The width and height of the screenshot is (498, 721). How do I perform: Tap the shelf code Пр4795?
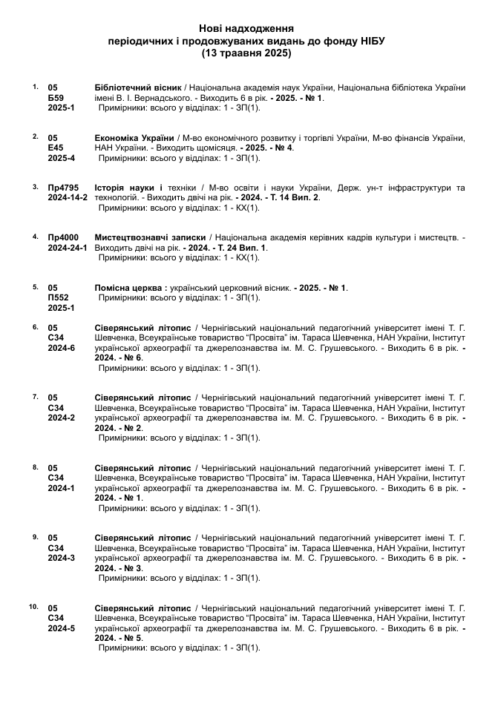coord(64,188)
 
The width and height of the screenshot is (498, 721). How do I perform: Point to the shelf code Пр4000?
coord(64,237)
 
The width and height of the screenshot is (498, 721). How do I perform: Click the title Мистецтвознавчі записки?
coord(144,237)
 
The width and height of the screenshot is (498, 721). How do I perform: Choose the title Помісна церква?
coord(129,288)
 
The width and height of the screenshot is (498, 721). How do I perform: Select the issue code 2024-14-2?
coord(68,198)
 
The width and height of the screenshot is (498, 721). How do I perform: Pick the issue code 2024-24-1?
coord(68,248)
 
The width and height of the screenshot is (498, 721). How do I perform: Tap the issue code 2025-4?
coord(62,158)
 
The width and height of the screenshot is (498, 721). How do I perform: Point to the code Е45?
coord(56,148)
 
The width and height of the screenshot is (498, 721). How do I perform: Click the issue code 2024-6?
coord(62,348)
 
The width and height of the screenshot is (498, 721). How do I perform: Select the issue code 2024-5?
coord(62,628)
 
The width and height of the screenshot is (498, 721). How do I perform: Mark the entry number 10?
coord(33,606)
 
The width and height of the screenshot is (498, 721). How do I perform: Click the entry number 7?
coord(35,396)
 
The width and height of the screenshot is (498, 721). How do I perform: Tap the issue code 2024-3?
coord(62,558)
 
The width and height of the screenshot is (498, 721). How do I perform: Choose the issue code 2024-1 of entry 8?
coord(62,488)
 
